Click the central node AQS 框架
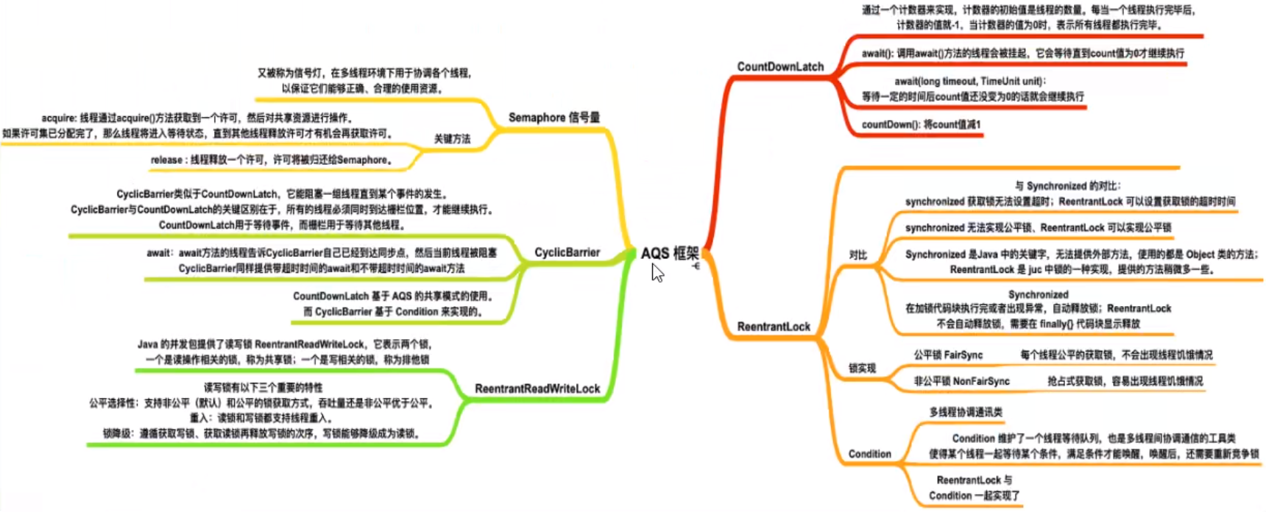[x=669, y=254]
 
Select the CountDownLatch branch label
[x=780, y=67]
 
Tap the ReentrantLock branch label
[x=774, y=327]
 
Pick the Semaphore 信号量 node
[x=554, y=118]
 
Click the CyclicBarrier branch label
[x=567, y=252]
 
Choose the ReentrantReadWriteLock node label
[x=537, y=388]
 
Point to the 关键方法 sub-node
[x=451, y=139]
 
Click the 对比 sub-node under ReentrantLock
[x=858, y=255]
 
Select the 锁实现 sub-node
[x=862, y=369]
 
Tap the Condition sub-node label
[x=869, y=454]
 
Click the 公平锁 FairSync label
[x=948, y=355]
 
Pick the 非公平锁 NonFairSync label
[x=961, y=382]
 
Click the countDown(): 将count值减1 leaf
[x=921, y=125]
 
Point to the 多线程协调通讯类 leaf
[x=966, y=413]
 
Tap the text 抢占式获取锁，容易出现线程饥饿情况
[x=1125, y=382]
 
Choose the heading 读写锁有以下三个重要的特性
[x=263, y=388]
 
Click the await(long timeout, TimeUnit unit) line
[x=969, y=82]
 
